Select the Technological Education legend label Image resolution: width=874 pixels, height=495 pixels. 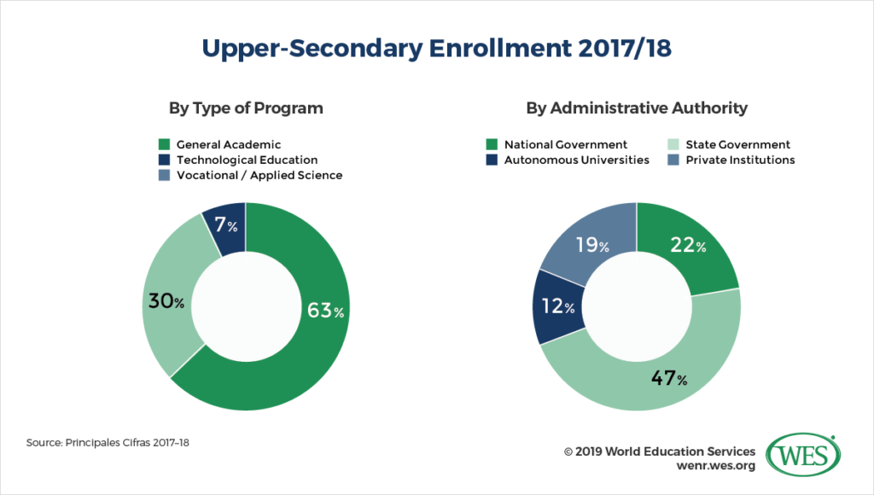coord(246,160)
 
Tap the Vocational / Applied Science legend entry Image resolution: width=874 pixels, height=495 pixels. coord(259,175)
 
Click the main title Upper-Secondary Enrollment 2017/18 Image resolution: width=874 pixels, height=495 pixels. coord(436,47)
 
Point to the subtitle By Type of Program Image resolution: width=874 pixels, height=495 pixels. coord(245,108)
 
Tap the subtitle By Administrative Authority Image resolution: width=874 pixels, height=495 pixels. coord(636,108)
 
